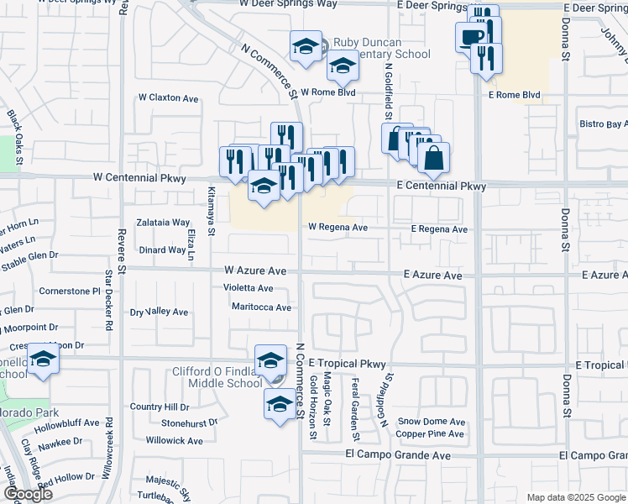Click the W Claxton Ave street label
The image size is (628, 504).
169,98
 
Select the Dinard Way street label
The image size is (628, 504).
163,249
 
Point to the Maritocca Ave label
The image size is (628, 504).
261,307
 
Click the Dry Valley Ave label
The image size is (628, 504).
160,312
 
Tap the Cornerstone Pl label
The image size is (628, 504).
70,291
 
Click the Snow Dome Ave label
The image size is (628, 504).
431,422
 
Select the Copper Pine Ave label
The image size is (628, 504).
430,434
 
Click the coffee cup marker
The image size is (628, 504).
472,36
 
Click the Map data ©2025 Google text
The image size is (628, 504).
576,497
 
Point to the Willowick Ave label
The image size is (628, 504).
174,440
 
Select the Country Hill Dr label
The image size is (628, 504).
160,407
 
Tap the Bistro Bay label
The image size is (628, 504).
603,124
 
